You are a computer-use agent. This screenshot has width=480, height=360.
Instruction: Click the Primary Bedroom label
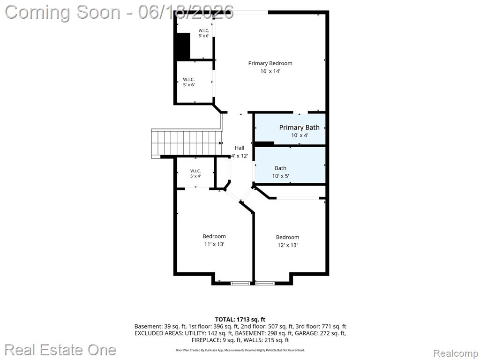(270, 63)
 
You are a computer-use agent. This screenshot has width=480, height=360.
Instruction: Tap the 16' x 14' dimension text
(270, 71)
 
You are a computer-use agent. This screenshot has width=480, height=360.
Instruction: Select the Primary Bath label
(299, 127)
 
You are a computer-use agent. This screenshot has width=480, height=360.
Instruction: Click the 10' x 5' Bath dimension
(280, 176)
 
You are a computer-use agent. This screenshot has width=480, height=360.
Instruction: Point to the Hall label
(240, 148)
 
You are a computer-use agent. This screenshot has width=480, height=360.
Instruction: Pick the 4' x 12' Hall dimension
(240, 156)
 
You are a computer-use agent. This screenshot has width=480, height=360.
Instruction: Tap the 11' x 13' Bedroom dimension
(214, 244)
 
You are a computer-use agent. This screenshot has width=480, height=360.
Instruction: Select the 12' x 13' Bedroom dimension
(287, 245)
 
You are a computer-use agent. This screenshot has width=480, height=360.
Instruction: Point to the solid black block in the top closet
(183, 46)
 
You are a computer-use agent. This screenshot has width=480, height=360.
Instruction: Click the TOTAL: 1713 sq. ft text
(240, 320)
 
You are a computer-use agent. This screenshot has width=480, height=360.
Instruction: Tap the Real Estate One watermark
(60, 350)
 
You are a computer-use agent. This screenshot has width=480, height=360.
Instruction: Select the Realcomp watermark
(456, 353)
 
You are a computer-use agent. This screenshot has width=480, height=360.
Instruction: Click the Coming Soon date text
(120, 12)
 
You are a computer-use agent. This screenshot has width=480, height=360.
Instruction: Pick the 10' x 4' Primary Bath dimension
(300, 135)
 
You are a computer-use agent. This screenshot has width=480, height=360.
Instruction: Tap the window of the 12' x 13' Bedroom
(265, 283)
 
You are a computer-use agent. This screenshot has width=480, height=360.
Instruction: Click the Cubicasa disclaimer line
(240, 350)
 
